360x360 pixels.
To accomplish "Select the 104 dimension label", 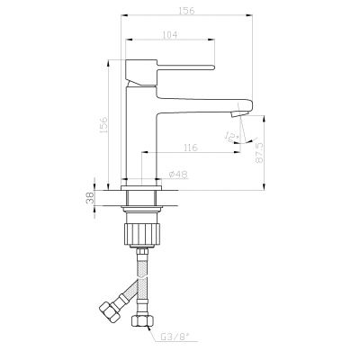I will click(x=170, y=34).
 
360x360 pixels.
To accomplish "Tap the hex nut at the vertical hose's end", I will click(x=142, y=321).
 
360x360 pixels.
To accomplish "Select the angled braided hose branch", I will click(x=127, y=294).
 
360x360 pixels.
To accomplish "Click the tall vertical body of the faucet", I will click(x=142, y=135).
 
